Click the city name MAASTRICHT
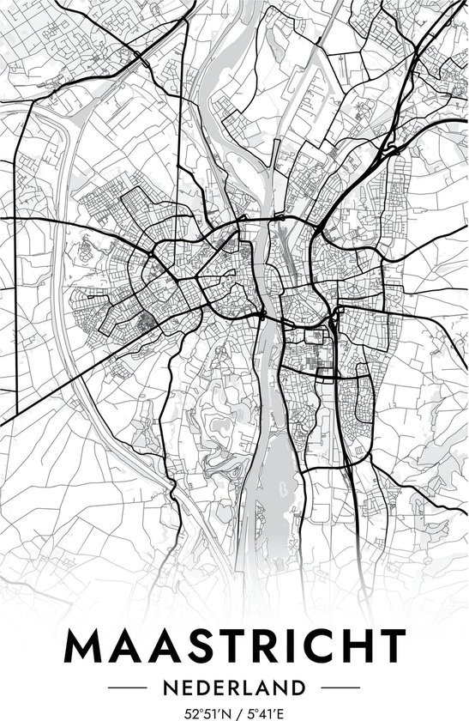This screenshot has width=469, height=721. pyautogui.click(x=234, y=646)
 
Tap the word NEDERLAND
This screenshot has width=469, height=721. pyautogui.click(x=234, y=688)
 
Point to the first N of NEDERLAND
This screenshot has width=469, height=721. pyautogui.click(x=171, y=688)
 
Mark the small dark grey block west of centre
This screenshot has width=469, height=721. pyautogui.click(x=141, y=321)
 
